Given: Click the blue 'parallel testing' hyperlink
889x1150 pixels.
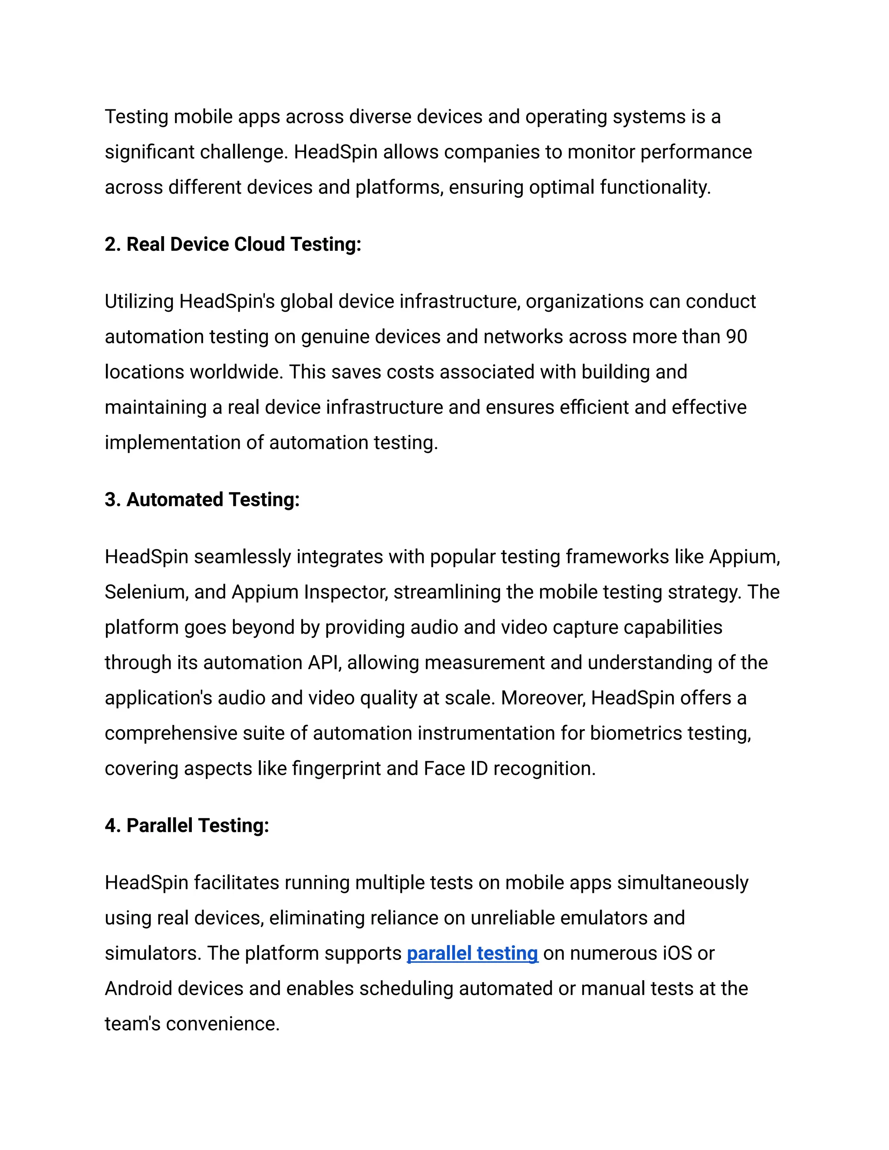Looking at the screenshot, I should coord(472,953).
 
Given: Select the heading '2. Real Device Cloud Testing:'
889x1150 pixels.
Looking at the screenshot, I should coord(233,244).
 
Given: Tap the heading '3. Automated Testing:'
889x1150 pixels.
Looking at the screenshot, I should coord(202,499).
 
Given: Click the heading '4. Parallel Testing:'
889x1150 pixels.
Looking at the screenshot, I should coord(187,825).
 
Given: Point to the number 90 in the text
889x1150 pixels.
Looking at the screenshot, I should coord(736,337).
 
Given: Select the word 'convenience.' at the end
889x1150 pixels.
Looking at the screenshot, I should coord(222,1024).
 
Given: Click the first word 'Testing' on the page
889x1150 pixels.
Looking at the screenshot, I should coord(136,117).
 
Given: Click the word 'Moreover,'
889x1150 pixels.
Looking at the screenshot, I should coord(543,698).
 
